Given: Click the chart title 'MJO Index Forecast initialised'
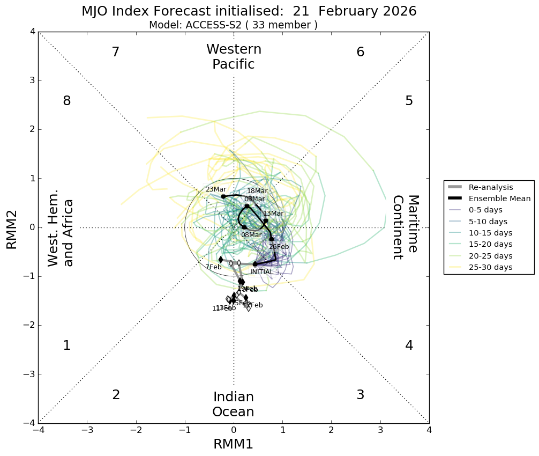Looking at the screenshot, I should click(249, 11).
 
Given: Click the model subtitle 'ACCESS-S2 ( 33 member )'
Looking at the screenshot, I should click(233, 25).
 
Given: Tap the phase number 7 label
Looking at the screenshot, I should click(115, 52).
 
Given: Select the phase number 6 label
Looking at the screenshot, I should click(361, 52).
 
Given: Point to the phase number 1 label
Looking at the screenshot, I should click(66, 345).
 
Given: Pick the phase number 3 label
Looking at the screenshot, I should click(361, 395).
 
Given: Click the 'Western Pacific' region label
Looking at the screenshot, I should click(234, 57).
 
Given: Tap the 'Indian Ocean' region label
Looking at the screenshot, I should click(233, 404).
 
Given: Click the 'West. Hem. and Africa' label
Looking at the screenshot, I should click(61, 232).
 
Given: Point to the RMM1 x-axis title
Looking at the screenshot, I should click(233, 444).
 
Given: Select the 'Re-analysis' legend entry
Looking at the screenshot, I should click(491, 187).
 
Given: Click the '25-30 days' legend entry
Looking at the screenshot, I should click(490, 267).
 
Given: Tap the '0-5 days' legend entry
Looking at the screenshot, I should click(486, 210).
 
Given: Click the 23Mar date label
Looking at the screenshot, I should click(216, 189).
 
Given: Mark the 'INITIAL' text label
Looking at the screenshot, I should click(262, 272).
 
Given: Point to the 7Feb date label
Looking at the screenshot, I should click(213, 267).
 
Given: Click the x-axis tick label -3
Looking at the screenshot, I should click(87, 430).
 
